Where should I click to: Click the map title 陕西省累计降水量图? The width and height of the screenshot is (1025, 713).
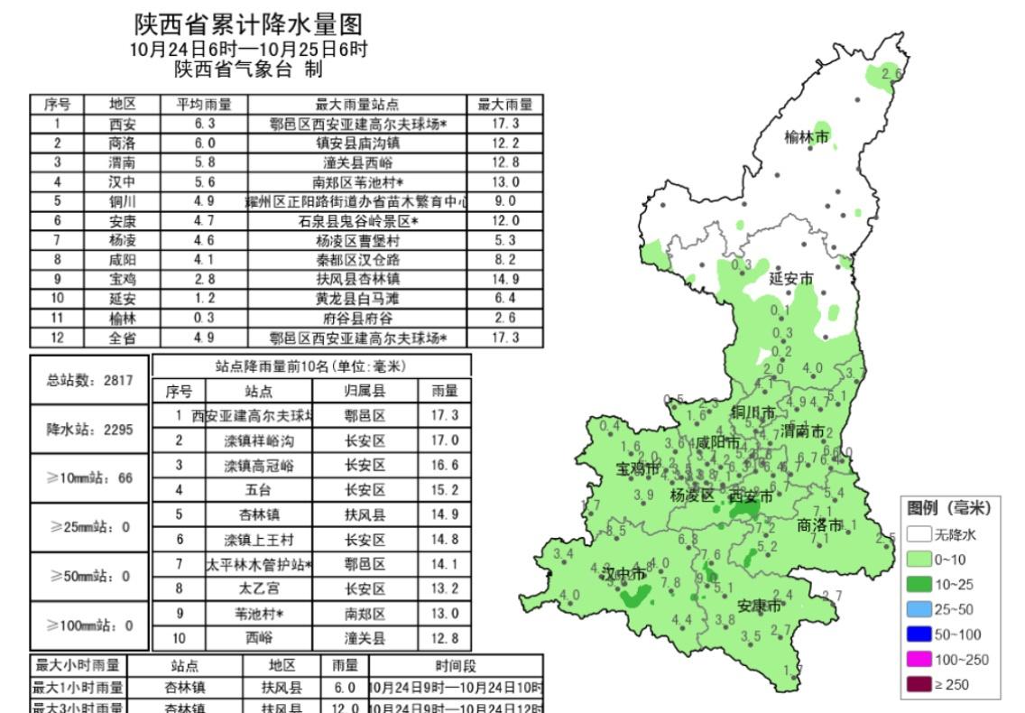tap(248, 23)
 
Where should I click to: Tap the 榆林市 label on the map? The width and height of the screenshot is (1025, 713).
tap(806, 138)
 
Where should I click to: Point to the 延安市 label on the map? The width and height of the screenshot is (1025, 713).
tap(790, 279)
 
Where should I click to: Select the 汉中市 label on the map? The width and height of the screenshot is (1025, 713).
tap(623, 574)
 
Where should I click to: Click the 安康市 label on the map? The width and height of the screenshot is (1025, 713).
tap(759, 606)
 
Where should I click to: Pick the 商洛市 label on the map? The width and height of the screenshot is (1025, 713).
tap(820, 525)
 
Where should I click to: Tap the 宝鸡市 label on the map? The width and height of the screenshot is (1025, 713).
tap(638, 469)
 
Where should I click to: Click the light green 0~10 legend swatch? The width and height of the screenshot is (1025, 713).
tap(919, 560)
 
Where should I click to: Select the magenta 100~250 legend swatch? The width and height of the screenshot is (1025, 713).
tap(919, 660)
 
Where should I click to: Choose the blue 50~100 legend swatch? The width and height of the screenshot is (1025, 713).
tap(919, 634)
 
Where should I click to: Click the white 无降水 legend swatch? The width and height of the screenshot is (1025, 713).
tap(919, 534)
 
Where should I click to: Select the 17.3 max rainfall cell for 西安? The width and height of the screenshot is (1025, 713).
tap(504, 124)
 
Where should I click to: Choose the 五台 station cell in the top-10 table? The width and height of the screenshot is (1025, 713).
tap(259, 490)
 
